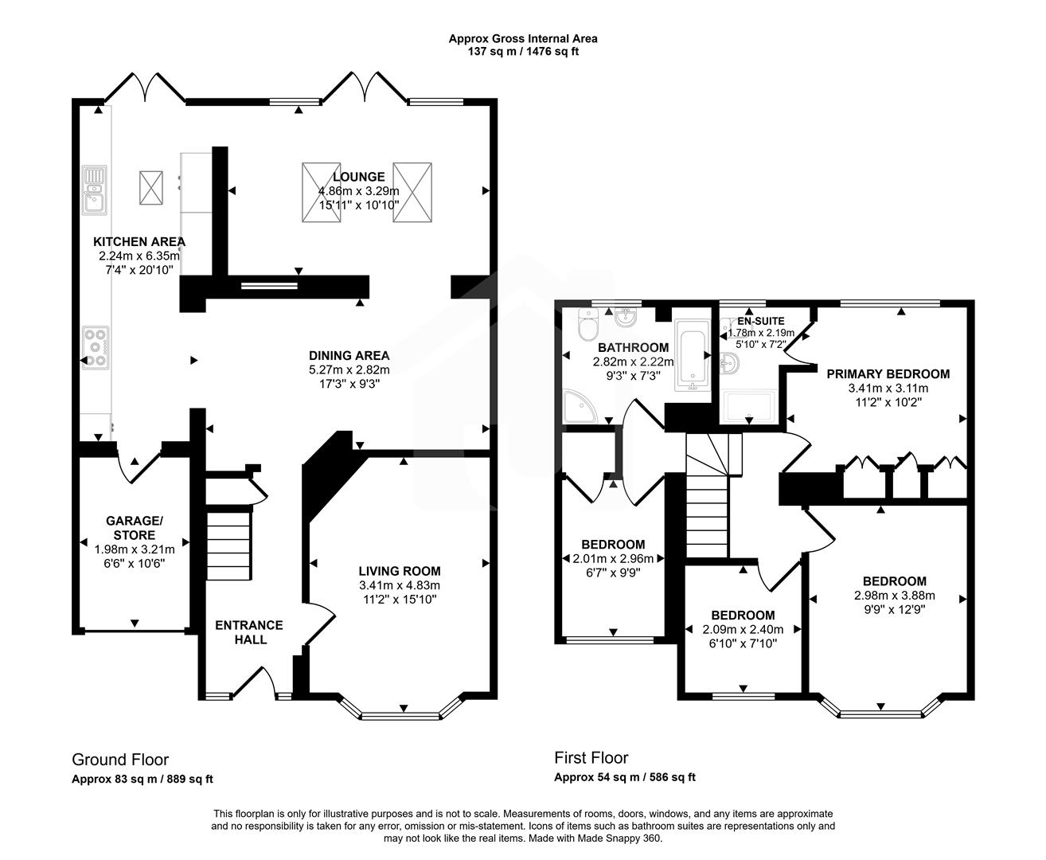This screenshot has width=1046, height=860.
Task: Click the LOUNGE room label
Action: tap(359, 177)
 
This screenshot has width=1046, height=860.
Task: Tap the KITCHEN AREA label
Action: tap(139, 241)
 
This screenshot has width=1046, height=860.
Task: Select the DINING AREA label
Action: tap(349, 355)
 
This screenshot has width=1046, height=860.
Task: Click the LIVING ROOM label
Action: tap(399, 571)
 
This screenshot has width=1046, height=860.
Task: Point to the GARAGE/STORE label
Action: tap(135, 527)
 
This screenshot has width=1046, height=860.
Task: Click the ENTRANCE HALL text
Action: tap(248, 632)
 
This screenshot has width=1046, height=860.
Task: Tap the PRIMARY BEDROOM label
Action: tap(888, 373)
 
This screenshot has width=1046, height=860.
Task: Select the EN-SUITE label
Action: tap(760, 321)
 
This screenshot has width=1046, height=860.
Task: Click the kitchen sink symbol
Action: tap(95, 190)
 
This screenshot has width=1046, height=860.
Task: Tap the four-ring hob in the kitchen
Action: tap(96, 347)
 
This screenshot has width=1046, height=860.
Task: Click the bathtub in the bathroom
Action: tap(692, 355)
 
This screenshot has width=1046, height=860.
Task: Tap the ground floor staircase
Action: tap(229, 545)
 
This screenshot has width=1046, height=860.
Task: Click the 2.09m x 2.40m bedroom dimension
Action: tap(743, 629)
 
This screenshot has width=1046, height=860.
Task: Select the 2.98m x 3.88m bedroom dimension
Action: tap(894, 595)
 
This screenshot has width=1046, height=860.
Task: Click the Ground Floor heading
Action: tap(120, 760)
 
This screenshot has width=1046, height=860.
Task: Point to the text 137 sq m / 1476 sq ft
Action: tap(522, 51)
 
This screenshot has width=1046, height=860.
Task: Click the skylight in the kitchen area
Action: tap(151, 187)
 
